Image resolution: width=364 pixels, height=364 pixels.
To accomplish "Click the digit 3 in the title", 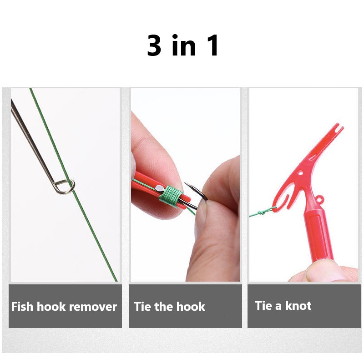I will point(155,45).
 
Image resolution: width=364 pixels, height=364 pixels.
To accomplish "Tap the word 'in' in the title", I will point(183,45).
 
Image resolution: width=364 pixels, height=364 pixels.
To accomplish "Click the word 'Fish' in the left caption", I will point(22,306).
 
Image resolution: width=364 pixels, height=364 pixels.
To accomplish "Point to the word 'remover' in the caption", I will point(96,307).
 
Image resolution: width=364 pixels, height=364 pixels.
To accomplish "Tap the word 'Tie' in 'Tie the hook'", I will point(142,306).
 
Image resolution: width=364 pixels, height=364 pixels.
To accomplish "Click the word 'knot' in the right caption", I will point(298,305).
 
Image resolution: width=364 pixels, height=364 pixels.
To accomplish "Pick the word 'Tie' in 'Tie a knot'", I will point(263,305).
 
